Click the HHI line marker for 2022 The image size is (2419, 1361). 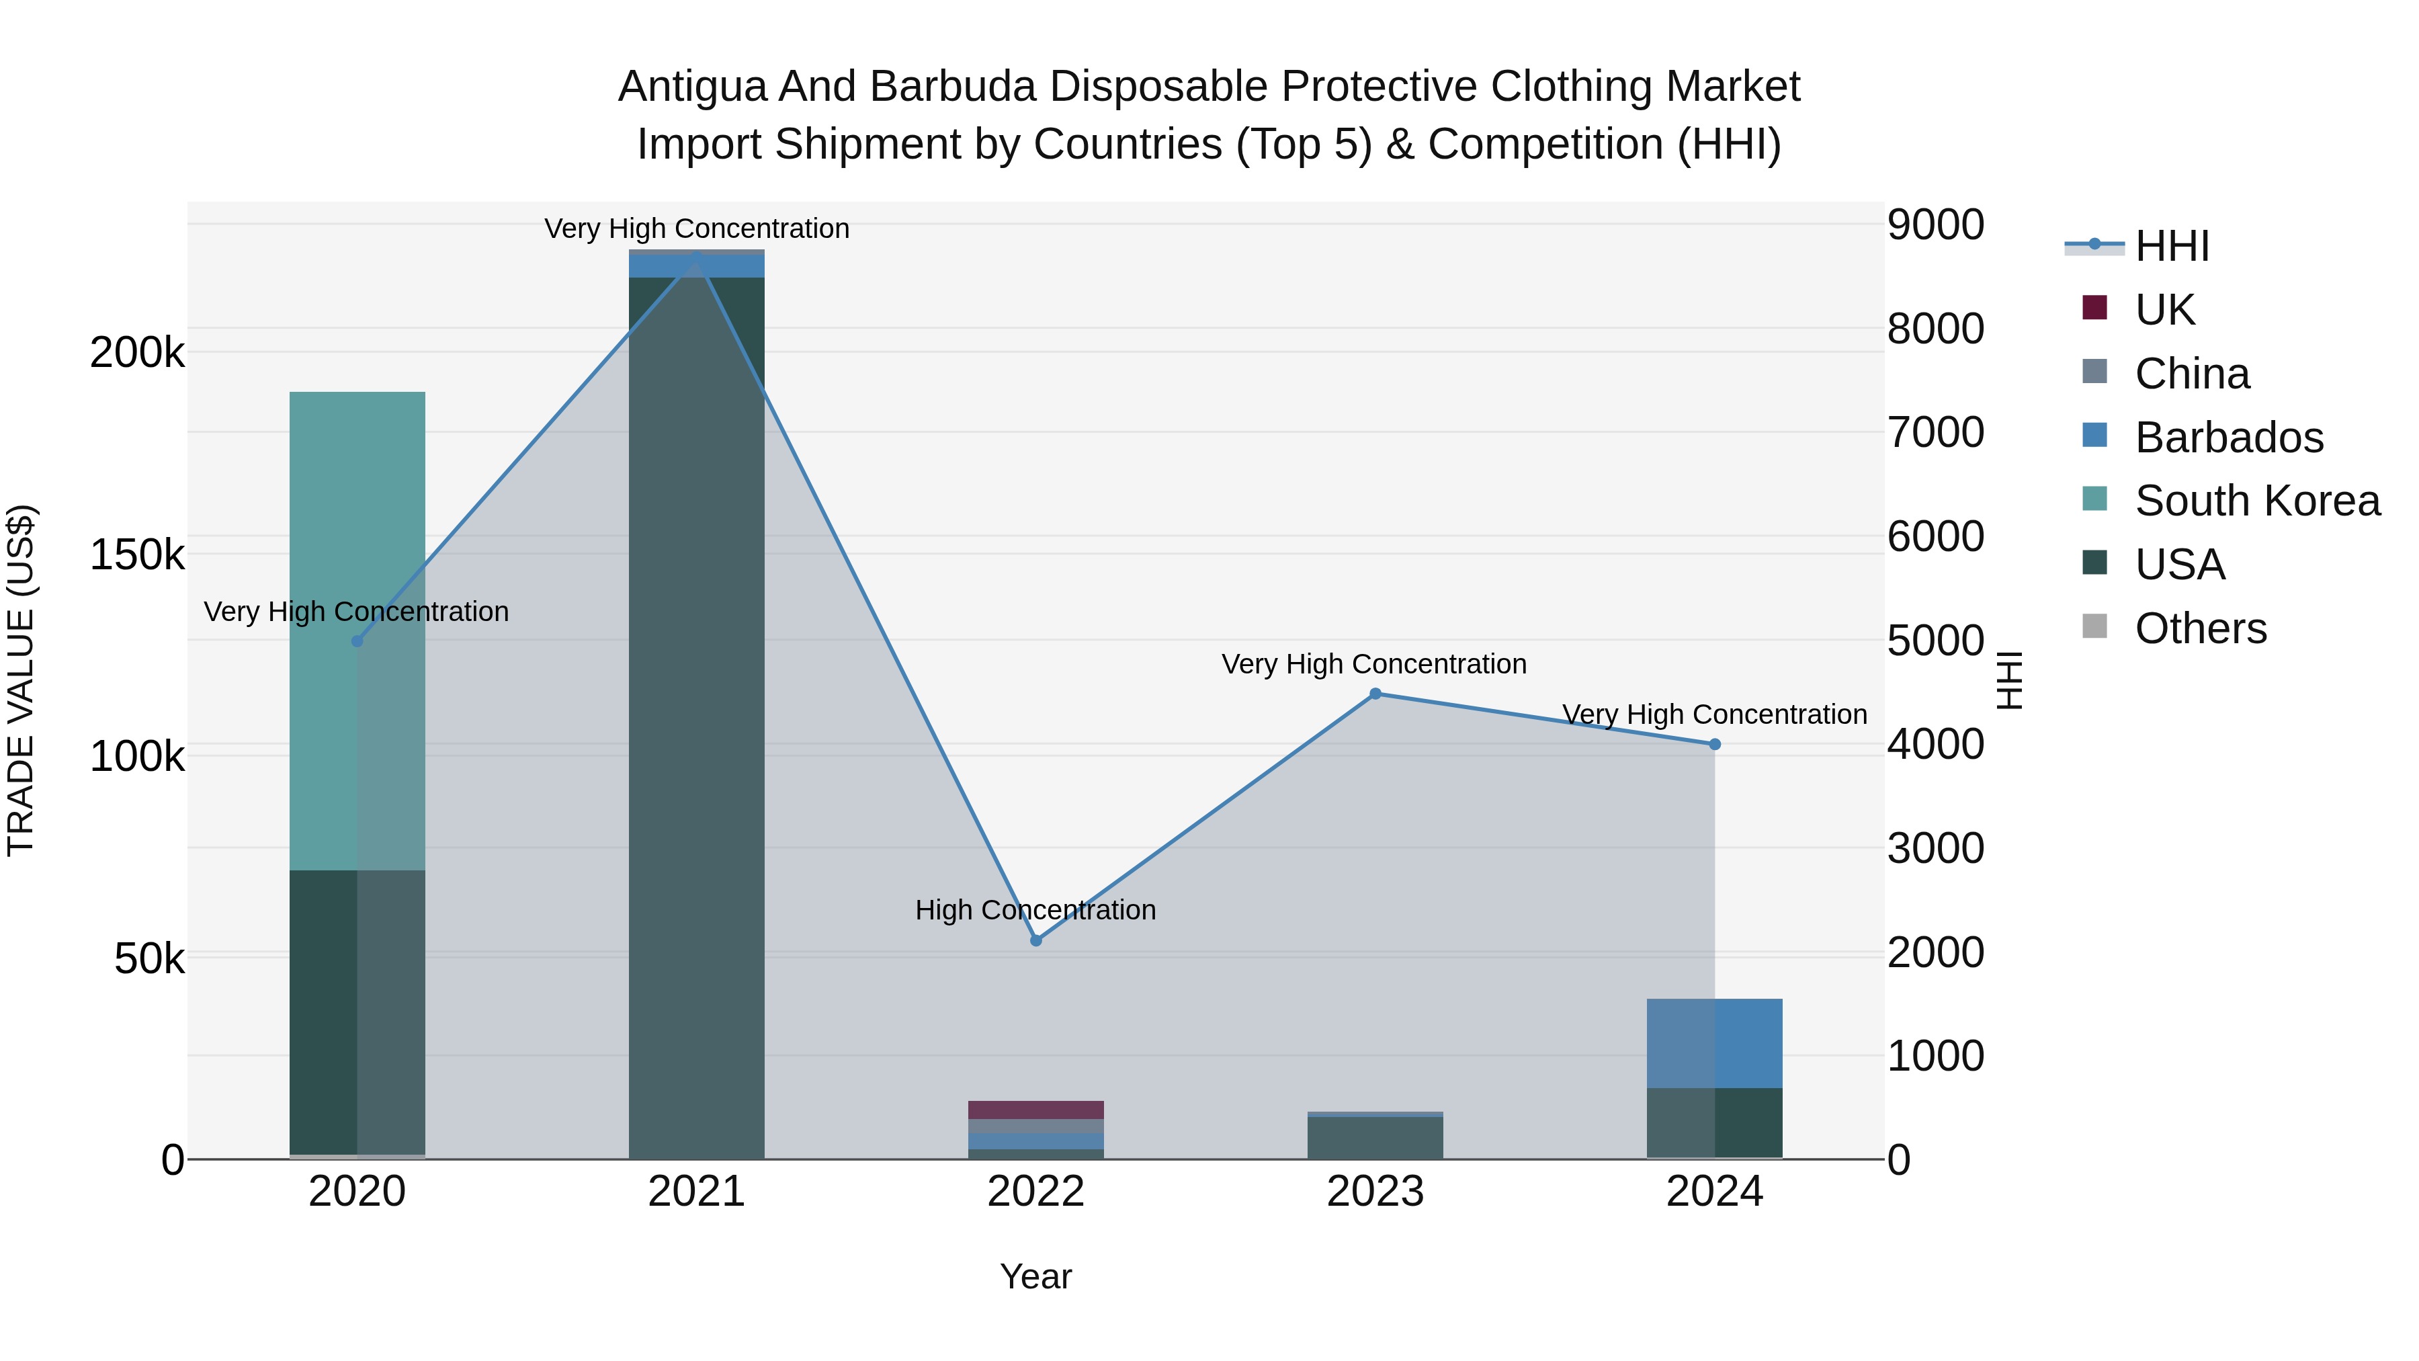point(1035,940)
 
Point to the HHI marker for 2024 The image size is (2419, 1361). point(1715,744)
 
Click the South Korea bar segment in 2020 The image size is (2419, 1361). point(357,629)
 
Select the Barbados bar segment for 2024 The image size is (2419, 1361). point(1715,1042)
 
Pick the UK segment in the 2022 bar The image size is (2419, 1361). point(1035,1109)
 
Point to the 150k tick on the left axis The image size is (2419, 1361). point(137,555)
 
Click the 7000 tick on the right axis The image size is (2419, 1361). point(1935,433)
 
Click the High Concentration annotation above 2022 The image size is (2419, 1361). point(1035,910)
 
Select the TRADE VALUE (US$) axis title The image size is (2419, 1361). point(21,680)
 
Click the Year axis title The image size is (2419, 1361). point(1035,1276)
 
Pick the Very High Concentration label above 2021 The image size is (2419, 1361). point(696,229)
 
